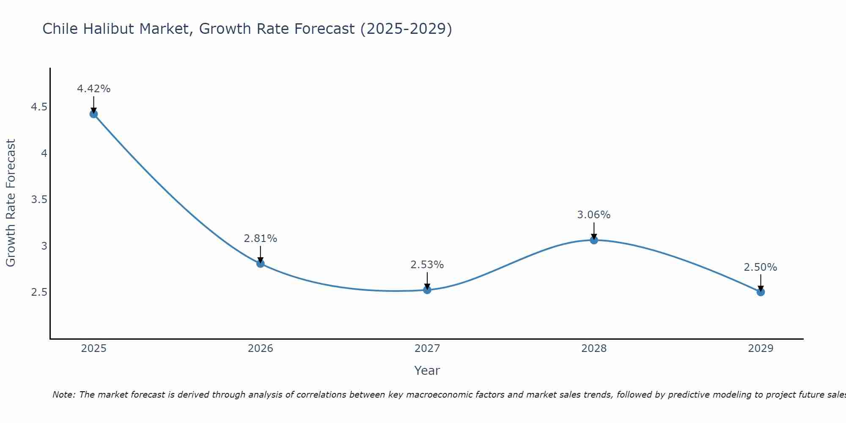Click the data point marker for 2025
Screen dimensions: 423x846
click(x=93, y=114)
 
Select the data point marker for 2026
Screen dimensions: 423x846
click(x=260, y=264)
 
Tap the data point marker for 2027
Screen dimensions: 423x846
click(x=427, y=290)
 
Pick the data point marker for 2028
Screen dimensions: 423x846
click(x=594, y=240)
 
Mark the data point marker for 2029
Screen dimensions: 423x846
click(x=761, y=292)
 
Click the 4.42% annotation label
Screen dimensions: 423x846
click(x=93, y=89)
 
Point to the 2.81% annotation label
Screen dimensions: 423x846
click(x=260, y=239)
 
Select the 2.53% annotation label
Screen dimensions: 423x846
click(x=427, y=265)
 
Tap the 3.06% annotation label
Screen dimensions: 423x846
click(x=594, y=215)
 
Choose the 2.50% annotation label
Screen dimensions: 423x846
click(x=761, y=267)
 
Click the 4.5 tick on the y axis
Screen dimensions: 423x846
click(x=39, y=107)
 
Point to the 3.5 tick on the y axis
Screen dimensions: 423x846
click(x=39, y=200)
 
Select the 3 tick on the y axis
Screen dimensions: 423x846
click(x=44, y=246)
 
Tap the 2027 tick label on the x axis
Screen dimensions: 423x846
click(x=427, y=349)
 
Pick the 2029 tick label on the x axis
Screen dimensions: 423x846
click(x=761, y=349)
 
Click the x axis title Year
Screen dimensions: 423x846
click(x=427, y=371)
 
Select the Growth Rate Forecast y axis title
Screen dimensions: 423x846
click(x=11, y=203)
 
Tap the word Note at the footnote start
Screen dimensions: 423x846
click(x=63, y=395)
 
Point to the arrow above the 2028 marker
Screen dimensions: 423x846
click(x=594, y=231)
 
